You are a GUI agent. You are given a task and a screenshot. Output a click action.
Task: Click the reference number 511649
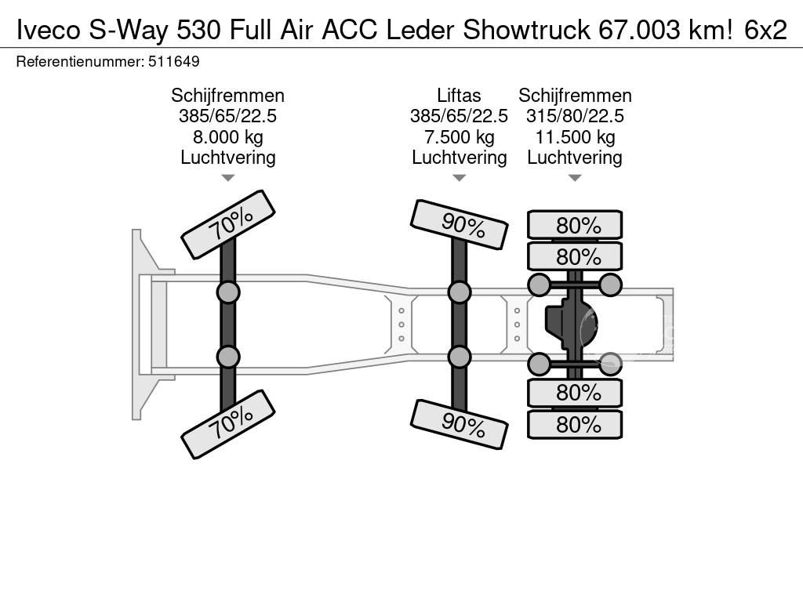173,61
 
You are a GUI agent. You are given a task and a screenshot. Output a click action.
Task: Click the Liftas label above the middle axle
459,96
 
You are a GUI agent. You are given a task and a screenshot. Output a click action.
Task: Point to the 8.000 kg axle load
227,137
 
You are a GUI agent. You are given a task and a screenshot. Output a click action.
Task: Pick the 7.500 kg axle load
459,137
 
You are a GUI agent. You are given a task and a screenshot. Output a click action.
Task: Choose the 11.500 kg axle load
575,137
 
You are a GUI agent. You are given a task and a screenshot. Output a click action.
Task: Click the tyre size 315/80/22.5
575,117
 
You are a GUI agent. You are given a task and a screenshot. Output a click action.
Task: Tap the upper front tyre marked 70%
228,224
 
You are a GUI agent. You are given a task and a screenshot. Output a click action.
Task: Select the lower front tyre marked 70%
228,424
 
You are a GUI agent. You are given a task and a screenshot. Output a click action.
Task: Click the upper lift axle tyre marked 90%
459,225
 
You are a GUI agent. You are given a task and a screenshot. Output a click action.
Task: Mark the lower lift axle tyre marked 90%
459,424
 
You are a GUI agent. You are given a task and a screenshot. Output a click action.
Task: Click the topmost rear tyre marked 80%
575,225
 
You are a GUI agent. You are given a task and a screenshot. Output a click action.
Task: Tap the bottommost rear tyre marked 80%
575,425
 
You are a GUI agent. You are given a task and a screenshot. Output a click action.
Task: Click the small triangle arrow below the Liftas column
459,178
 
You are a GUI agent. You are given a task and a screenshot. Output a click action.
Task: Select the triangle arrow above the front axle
227,178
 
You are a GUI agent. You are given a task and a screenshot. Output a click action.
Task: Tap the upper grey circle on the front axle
227,293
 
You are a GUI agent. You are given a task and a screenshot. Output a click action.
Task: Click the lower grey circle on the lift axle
459,357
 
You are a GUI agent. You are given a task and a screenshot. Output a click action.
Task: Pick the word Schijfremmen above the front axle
227,96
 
